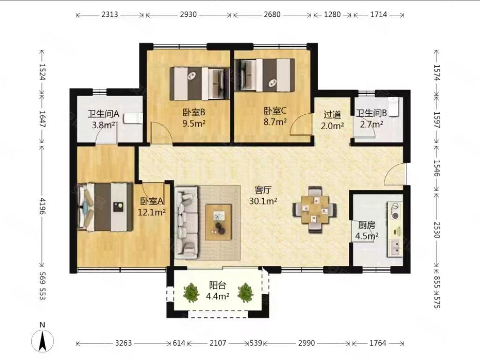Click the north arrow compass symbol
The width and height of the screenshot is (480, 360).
point(42,340)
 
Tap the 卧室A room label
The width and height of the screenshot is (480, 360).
point(152,201)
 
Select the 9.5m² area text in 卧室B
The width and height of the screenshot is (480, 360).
point(194,124)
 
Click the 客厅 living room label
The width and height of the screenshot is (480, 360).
point(263,190)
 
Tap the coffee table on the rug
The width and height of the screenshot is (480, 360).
point(218,222)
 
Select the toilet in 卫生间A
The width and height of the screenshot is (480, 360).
point(133,118)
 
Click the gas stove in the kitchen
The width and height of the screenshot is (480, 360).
point(395,211)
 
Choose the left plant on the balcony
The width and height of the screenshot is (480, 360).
point(192,293)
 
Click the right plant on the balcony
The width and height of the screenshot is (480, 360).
point(245,293)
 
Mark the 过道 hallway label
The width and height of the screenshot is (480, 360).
point(332,115)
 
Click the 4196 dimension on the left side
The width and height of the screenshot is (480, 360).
point(42,206)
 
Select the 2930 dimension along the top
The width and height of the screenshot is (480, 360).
point(188,15)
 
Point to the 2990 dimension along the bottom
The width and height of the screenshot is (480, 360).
point(306,343)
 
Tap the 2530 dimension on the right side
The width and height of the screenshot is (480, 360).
point(437,230)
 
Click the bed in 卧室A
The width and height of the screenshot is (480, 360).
point(105,207)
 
